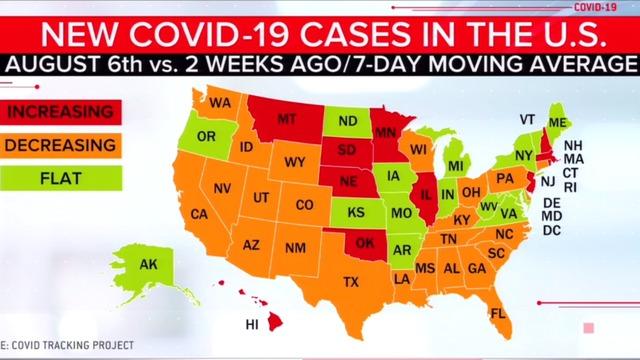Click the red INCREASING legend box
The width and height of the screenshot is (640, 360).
point(60,109)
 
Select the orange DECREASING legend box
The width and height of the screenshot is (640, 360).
point(60,146)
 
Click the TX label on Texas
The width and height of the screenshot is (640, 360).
point(350,282)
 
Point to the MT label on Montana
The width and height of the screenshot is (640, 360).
point(286,119)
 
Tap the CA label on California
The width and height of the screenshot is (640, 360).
point(199,214)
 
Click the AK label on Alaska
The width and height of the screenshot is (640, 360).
point(149,266)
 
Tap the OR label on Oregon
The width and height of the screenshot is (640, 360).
point(206,137)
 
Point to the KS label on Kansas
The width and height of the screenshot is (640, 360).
point(355,213)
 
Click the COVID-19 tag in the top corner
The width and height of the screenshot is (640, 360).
point(596,7)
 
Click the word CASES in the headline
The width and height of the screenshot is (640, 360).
point(360,36)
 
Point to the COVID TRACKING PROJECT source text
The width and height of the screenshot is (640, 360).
point(70,345)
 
